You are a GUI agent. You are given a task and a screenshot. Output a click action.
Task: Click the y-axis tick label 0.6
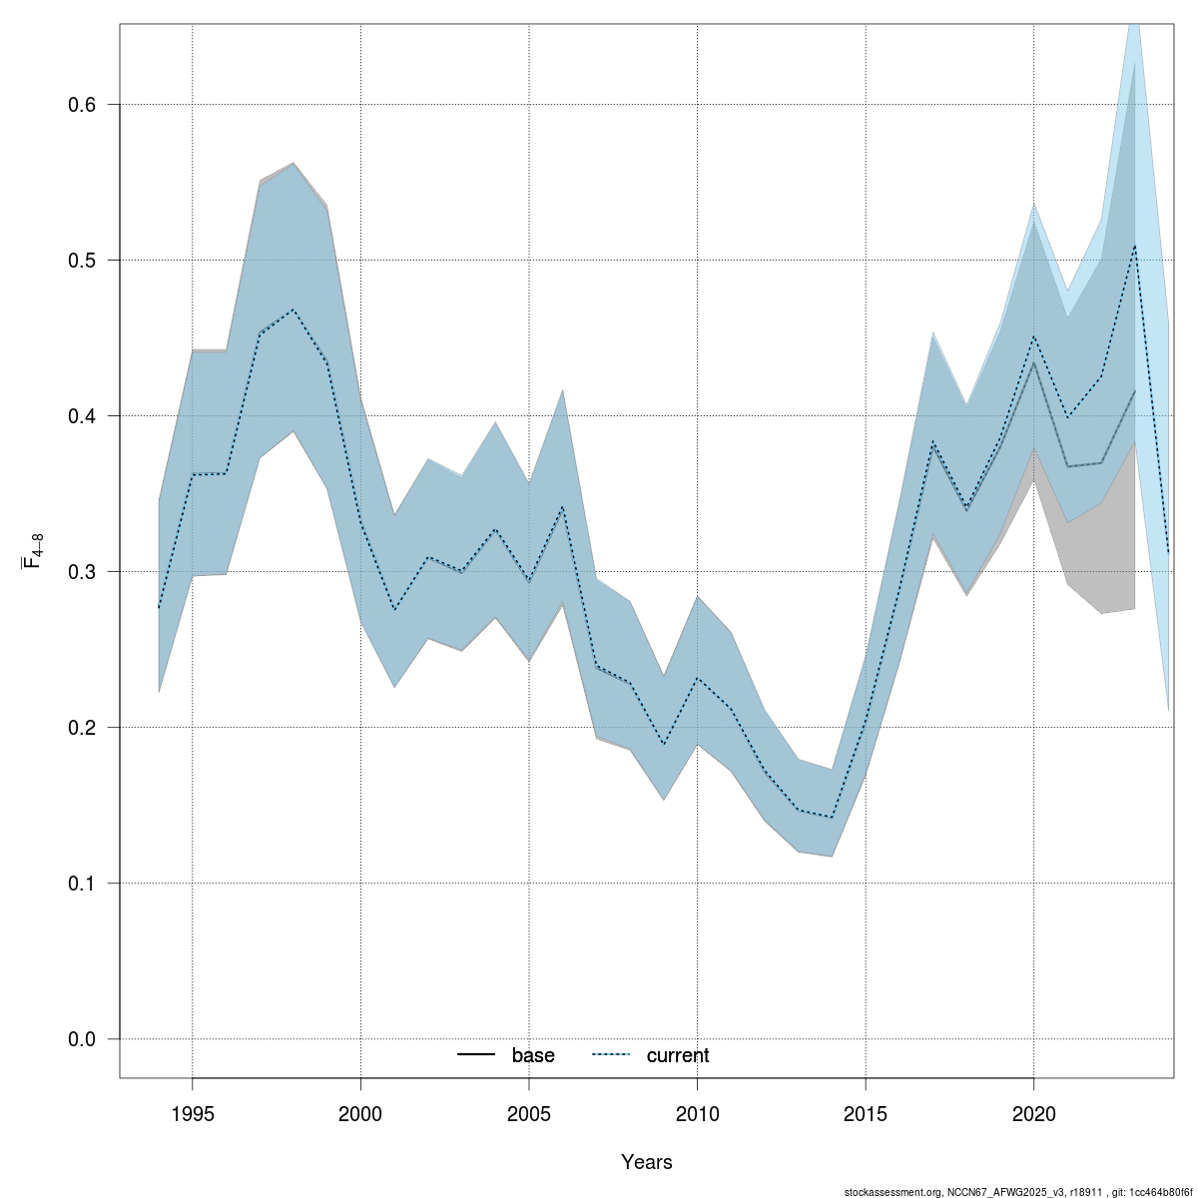[81, 105]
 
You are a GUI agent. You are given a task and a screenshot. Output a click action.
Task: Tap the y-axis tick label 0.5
[81, 261]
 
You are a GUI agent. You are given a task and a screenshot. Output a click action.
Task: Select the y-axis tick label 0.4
[81, 416]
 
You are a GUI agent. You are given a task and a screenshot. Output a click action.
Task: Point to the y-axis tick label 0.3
[81, 572]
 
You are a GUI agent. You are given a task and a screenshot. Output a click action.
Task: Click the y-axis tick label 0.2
[81, 728]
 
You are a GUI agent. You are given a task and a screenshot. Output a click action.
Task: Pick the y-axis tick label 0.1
[81, 884]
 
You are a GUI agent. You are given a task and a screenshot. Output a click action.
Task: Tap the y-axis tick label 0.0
[81, 1039]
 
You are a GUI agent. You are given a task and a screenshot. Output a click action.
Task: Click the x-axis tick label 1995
[193, 1112]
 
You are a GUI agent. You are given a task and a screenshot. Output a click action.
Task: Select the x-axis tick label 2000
[360, 1112]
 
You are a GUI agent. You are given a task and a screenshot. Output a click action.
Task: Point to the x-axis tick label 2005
[529, 1112]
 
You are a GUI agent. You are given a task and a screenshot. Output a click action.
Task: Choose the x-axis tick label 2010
[697, 1112]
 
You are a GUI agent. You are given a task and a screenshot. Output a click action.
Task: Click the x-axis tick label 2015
[866, 1112]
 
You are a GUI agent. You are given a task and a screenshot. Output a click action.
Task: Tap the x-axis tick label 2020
[1033, 1112]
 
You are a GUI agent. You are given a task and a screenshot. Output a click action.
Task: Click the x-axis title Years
[647, 1162]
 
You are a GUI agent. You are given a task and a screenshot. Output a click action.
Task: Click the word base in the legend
[533, 1056]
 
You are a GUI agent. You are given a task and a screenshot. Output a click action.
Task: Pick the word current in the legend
[678, 1056]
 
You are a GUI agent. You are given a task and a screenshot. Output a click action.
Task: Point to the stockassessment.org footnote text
[1017, 1192]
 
